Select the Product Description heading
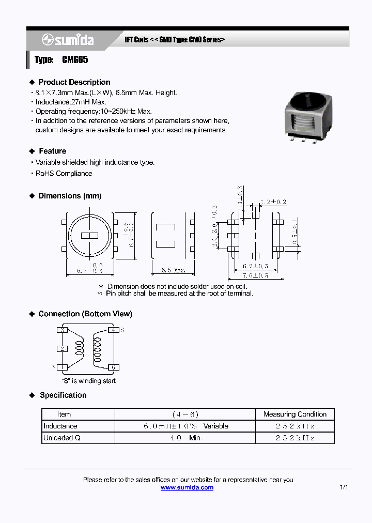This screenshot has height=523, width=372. coord(74,82)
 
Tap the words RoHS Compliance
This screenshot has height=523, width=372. coord(64,174)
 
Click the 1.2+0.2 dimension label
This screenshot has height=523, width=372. coord(274,202)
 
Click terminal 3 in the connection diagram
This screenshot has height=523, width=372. coord(63,330)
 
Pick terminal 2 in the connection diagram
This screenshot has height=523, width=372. coord(63,349)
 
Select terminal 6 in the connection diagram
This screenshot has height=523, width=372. coord(114,368)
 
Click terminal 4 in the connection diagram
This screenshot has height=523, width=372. coord(114,330)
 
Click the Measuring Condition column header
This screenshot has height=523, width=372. coord(295,414)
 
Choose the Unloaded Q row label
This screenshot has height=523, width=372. coord(62,438)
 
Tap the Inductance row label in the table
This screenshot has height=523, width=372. coord(60,426)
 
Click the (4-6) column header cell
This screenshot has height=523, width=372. coord(185,414)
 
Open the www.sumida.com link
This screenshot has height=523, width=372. coord(187,488)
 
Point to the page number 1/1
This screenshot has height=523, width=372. coord(344,488)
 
